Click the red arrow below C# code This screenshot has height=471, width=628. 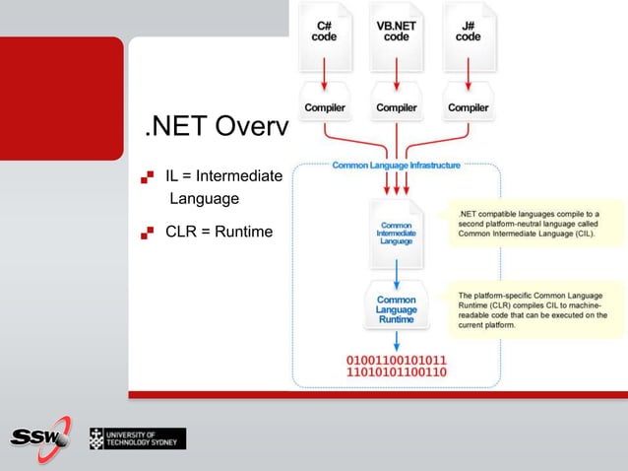[324, 70]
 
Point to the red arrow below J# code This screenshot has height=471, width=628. [469, 70]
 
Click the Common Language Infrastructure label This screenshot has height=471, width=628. [396, 165]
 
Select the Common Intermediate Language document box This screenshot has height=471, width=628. [396, 234]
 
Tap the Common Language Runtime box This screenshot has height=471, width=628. [396, 306]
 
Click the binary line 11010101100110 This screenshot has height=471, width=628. [396, 372]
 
